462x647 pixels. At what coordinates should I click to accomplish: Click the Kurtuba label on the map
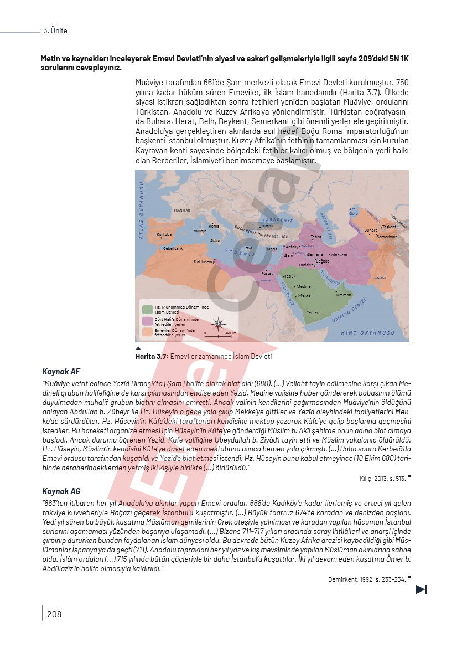click(164, 235)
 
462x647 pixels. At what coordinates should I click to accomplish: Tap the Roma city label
click(214, 226)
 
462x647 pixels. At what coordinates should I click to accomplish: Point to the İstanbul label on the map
click(267, 225)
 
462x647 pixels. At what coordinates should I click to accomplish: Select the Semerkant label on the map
click(387, 237)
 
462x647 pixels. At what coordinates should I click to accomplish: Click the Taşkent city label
click(389, 227)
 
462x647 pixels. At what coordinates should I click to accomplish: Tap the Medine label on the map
click(304, 287)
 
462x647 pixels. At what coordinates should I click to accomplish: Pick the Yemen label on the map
click(313, 313)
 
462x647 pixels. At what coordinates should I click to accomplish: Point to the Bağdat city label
click(322, 260)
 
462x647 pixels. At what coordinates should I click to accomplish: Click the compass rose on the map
click(219, 323)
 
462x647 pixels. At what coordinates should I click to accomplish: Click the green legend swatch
click(147, 309)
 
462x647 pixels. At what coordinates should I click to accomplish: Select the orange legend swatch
click(147, 332)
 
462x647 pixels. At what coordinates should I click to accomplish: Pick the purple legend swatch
click(147, 321)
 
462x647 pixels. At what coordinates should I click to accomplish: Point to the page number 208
click(54, 614)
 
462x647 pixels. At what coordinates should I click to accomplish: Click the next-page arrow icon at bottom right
click(422, 589)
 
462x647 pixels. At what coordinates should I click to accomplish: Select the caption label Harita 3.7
click(152, 357)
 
